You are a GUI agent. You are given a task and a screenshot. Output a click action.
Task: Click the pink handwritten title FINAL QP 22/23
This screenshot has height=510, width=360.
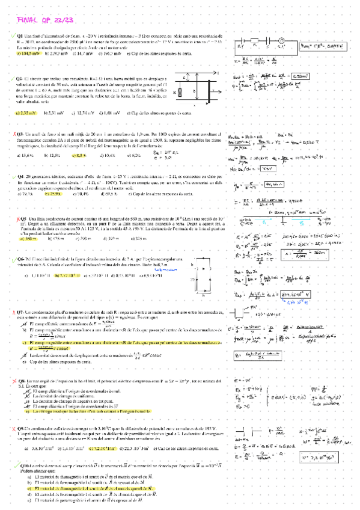[x=44, y=20]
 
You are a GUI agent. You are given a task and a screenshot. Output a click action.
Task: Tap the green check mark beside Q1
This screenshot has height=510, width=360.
[x=14, y=37]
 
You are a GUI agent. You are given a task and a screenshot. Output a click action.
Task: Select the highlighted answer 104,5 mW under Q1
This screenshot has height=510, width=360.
[x=29, y=54]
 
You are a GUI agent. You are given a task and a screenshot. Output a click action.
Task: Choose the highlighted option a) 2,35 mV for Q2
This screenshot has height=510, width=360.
[x=29, y=113]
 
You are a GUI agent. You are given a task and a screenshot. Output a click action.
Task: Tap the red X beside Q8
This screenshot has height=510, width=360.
[x=14, y=381]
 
